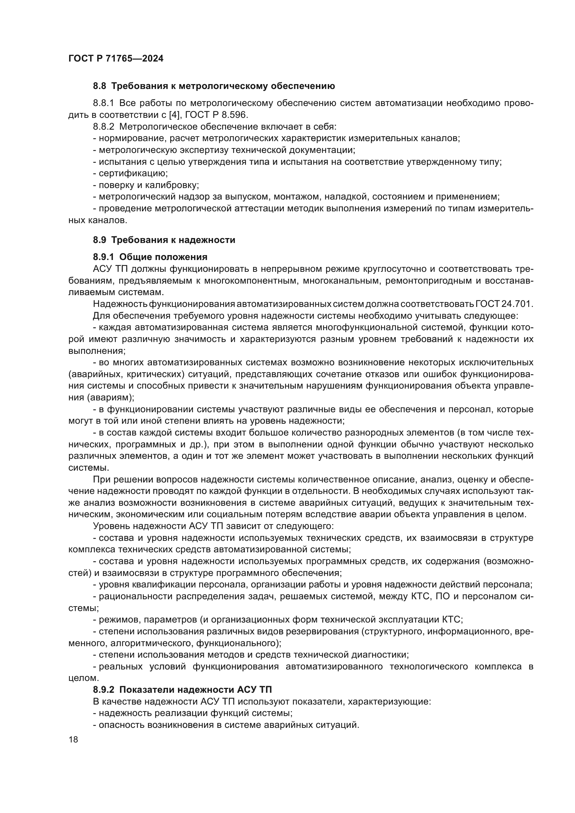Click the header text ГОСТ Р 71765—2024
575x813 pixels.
point(116,59)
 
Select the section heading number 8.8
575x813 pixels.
point(99,86)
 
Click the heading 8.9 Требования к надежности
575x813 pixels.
point(164,240)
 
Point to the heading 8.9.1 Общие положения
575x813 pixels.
point(150,257)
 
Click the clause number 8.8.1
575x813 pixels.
point(103,103)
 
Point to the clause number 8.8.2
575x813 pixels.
point(103,127)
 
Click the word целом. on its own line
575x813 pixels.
point(83,678)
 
